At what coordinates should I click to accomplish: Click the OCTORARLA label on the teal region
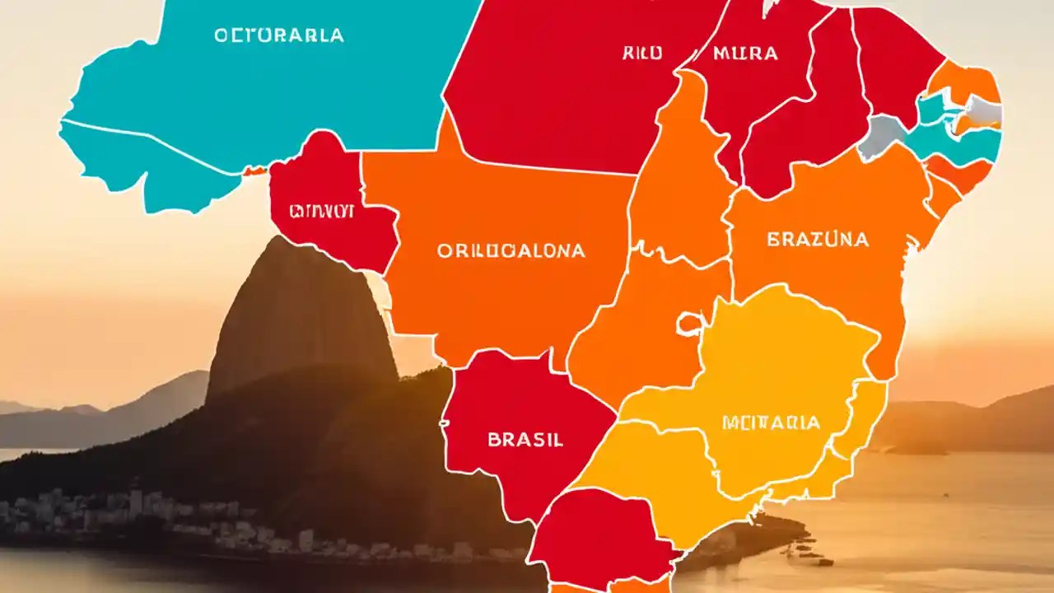coord(279,36)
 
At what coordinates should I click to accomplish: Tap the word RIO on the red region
coord(642,54)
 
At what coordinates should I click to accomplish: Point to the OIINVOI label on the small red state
coord(321,212)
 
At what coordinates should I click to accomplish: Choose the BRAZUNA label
coord(818,240)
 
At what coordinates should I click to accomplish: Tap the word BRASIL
coord(525,440)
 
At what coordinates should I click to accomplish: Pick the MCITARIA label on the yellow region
coord(771,423)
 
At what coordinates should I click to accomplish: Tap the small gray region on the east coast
coord(984,110)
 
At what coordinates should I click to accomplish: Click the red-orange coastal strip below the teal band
coord(959,174)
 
